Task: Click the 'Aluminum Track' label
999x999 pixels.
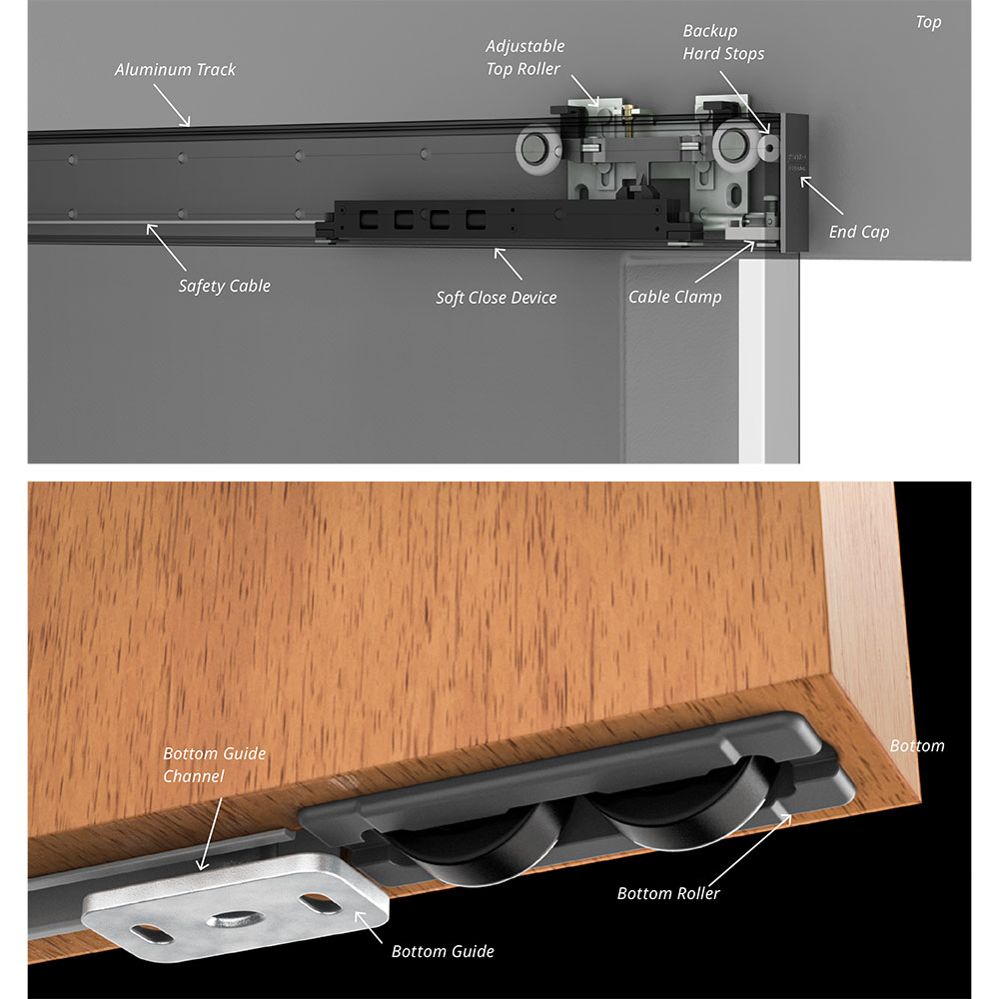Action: coord(175,70)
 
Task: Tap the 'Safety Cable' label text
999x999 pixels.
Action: coord(224,286)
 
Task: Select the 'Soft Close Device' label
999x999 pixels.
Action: coord(497,298)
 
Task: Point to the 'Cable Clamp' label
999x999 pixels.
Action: coord(674,297)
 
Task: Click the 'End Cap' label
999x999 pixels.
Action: coord(859,232)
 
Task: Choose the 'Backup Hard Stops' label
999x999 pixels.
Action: coord(723,42)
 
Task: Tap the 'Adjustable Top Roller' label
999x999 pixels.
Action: coord(525,57)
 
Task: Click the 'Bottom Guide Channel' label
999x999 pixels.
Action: coord(215,764)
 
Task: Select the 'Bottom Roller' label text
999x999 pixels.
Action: coord(668,893)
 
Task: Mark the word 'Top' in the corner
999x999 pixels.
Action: coord(928,22)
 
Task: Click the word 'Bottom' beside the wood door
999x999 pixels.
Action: coord(917,745)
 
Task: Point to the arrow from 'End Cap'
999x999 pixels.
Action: coord(822,196)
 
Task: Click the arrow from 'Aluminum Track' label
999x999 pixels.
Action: coord(172,105)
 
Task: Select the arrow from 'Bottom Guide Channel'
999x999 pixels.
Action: coord(211,834)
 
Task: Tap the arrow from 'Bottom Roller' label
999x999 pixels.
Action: coord(750,849)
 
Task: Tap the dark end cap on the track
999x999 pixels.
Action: coord(795,183)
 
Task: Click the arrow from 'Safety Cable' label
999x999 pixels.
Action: coord(167,247)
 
